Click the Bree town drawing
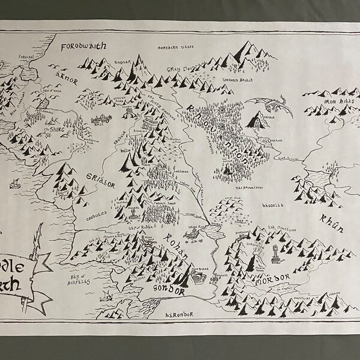[99, 119]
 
